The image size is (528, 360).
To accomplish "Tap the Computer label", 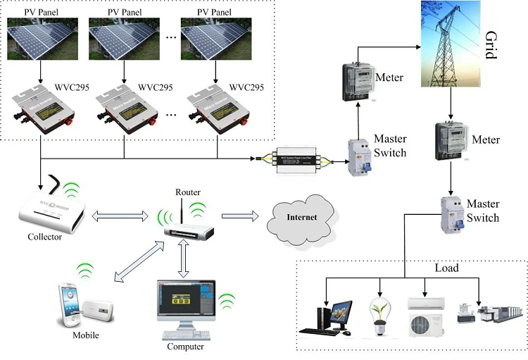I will point(185,347).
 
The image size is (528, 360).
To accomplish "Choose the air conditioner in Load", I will point(426,314).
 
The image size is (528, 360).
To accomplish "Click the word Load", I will point(446,268).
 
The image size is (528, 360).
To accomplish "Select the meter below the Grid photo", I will point(451,141).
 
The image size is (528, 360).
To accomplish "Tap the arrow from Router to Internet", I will point(239,217).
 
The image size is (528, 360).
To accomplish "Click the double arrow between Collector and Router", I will point(120,214).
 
